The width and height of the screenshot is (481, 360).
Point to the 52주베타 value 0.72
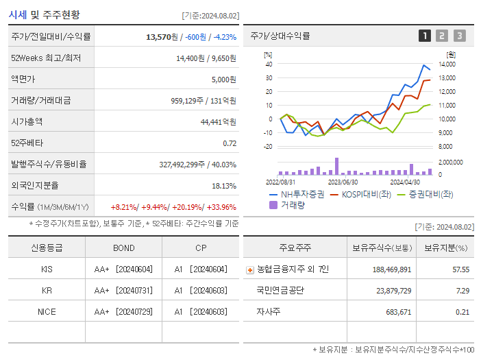coord(230,143)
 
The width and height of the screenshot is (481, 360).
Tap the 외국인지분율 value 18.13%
coord(224,186)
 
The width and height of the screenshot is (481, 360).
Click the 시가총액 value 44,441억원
coord(219,122)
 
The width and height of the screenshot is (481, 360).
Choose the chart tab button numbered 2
coord(442,36)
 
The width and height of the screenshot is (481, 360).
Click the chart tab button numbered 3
coord(459,36)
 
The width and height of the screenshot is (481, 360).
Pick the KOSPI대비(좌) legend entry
coord(357,194)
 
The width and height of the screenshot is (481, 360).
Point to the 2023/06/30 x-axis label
coord(343,182)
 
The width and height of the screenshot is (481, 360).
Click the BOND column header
coord(124,248)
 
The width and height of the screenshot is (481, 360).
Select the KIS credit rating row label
coord(47,269)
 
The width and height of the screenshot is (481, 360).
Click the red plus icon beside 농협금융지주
coord(249,270)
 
